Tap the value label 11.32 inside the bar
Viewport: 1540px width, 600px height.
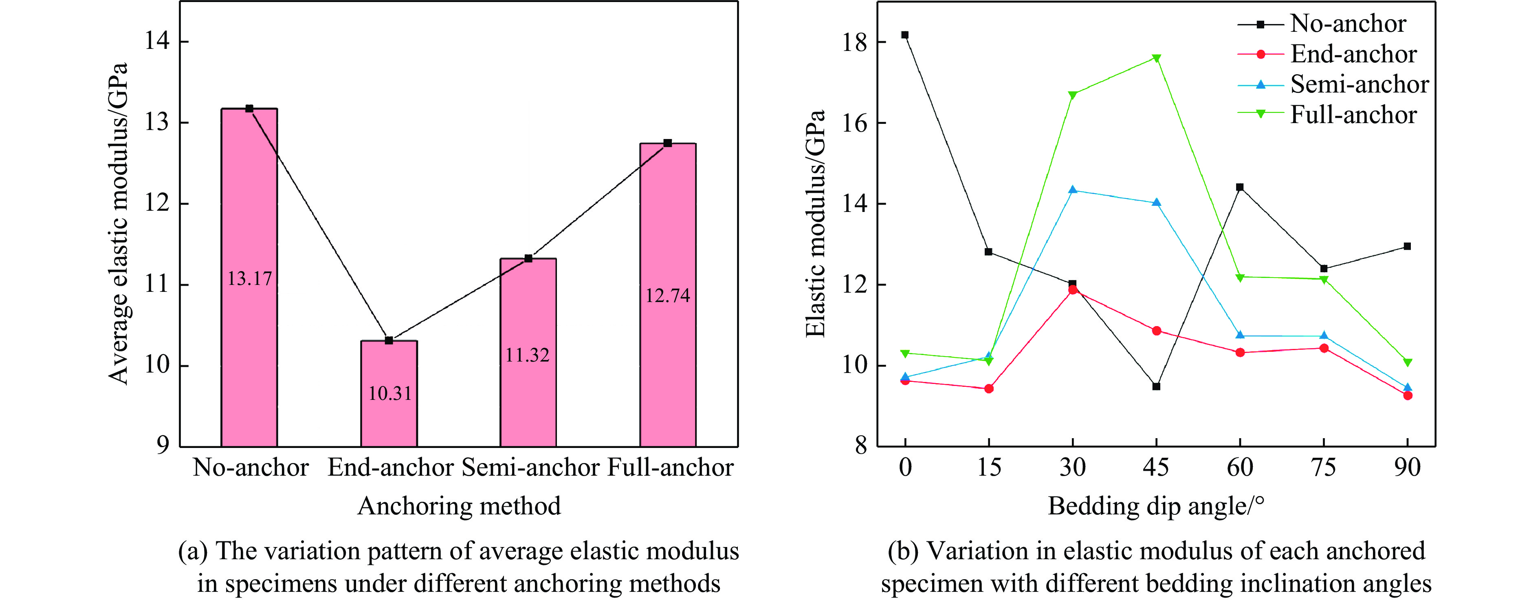point(527,355)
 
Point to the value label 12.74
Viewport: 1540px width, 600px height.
point(667,296)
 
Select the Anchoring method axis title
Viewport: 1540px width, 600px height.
point(459,506)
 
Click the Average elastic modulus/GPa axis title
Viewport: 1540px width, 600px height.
point(119,223)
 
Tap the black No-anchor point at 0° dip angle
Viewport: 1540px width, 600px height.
point(905,35)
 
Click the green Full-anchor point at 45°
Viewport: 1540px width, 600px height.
point(1156,58)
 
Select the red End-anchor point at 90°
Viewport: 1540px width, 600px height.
point(1407,395)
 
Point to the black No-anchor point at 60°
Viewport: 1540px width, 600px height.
point(1240,187)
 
